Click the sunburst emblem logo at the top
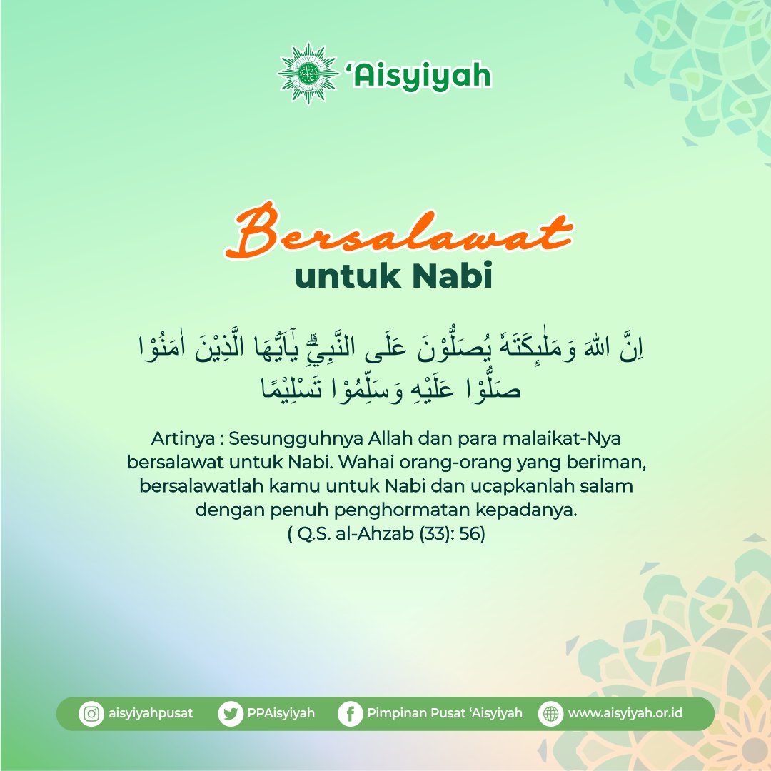point(308,74)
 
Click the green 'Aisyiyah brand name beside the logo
point(419,74)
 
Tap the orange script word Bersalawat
point(398,231)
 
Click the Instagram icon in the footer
point(91,714)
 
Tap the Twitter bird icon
point(231,714)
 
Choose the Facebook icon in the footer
point(350,714)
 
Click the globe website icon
point(550,714)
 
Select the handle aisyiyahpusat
point(149,713)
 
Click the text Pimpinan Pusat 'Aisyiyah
point(445,713)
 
